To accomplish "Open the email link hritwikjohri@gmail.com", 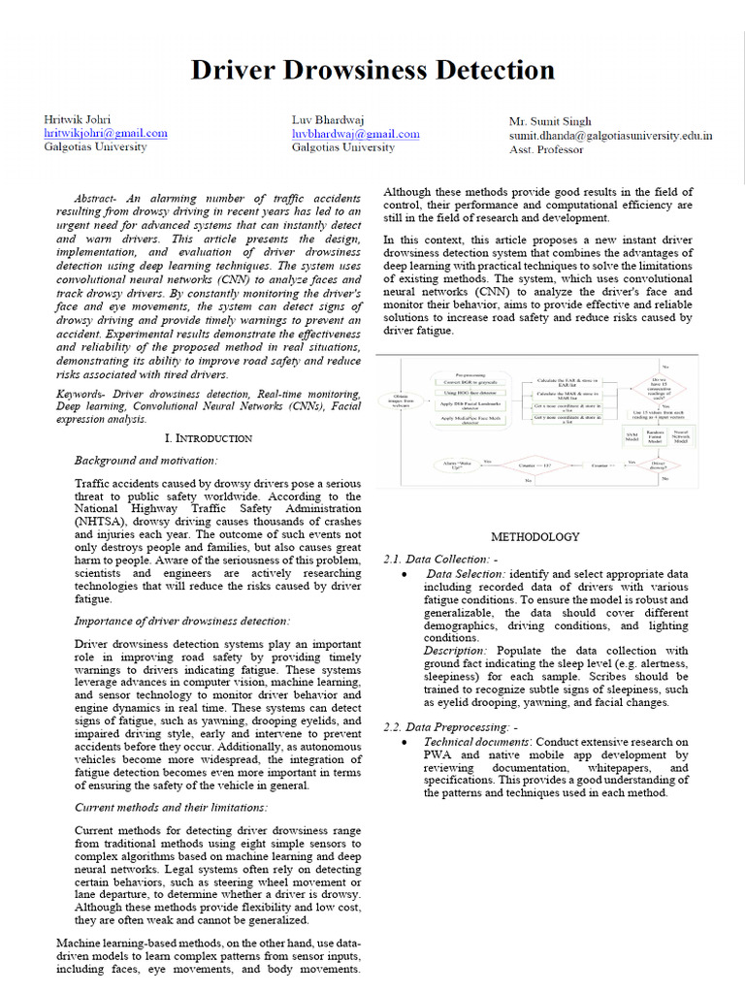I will coord(106,134).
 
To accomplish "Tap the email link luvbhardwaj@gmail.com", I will coord(355,134).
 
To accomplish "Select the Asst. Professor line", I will coord(546,149).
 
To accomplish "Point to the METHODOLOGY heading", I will coord(534,536).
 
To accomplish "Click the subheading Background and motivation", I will coord(146,461).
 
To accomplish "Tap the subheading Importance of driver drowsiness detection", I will coord(182,621).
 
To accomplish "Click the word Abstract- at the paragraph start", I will coord(105,197).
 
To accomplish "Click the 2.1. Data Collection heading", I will coord(440,560).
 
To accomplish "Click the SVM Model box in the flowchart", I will coord(632,437).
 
